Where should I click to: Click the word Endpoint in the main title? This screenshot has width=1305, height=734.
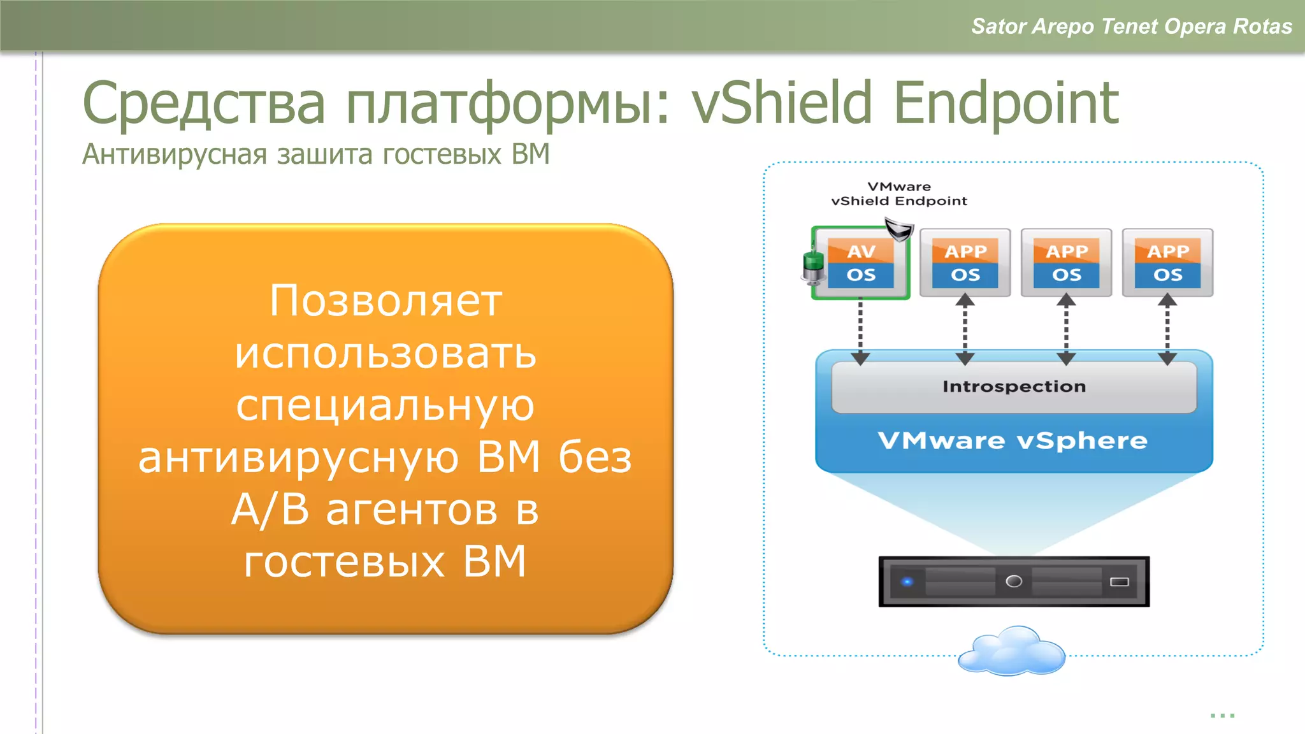point(1006,103)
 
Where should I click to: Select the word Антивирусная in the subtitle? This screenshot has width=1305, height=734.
point(175,154)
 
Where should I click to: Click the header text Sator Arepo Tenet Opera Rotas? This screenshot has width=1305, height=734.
point(1131,26)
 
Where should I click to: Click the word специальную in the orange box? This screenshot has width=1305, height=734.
point(386,405)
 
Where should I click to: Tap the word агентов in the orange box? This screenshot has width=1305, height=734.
point(412,510)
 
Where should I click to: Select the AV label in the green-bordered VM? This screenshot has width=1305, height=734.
point(861,252)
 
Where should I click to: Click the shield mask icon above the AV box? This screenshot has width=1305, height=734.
point(899,229)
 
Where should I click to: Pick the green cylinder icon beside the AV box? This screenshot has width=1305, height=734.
point(813,266)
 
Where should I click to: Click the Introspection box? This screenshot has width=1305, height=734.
point(1014,387)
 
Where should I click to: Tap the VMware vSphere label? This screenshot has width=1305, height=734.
point(1013,441)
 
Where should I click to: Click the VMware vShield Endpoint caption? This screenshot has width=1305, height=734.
point(899,194)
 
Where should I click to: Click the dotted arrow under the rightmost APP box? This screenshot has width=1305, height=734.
point(1167,329)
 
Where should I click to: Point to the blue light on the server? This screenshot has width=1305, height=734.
point(907,581)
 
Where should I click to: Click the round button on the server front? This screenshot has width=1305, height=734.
point(1013,581)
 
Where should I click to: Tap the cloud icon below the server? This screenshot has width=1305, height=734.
point(1012,651)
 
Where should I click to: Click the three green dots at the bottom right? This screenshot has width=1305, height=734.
point(1222,716)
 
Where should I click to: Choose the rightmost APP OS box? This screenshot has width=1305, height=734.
point(1167,263)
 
